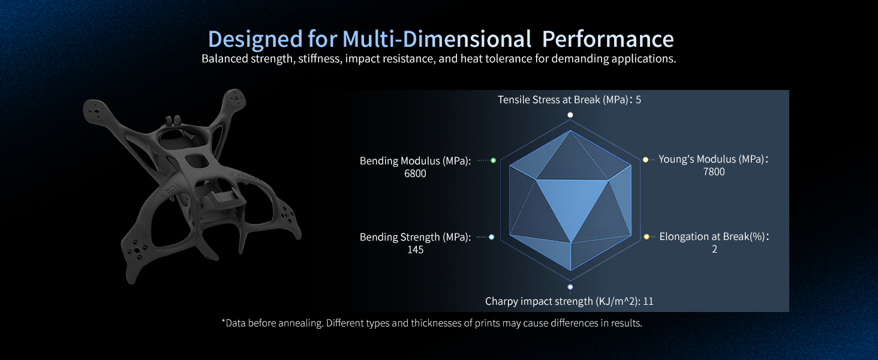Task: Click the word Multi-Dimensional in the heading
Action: pos(437,40)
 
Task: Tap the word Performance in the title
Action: pos(608,40)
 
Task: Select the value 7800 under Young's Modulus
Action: pos(714,172)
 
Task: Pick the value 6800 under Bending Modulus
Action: pos(415,173)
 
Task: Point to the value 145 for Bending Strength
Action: pos(415,250)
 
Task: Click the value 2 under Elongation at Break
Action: pos(714,249)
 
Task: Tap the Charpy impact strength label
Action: pos(569,301)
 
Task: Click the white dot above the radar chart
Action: pos(570,115)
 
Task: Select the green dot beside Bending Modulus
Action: pos(493,160)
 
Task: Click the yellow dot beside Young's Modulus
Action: pos(646,160)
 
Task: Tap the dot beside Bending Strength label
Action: pos(492,237)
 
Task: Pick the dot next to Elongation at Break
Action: pos(647,237)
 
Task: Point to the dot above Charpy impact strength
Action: pos(570,287)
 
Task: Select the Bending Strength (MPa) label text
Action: pos(415,237)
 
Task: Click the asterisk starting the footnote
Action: pos(224,322)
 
